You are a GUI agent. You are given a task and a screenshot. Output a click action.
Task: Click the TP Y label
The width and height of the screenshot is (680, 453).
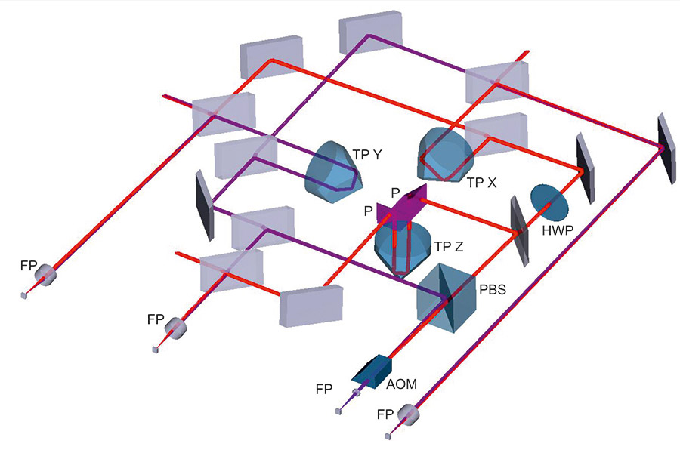pyautogui.click(x=367, y=155)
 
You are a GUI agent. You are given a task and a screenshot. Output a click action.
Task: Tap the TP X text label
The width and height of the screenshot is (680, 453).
pyautogui.click(x=482, y=183)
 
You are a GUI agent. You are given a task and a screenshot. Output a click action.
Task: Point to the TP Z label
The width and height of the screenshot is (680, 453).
pyautogui.click(x=449, y=247)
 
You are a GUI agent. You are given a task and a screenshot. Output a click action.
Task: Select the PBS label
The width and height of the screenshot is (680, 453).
pyautogui.click(x=493, y=289)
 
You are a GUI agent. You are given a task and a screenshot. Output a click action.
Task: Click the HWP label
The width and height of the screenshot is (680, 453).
pyautogui.click(x=558, y=230)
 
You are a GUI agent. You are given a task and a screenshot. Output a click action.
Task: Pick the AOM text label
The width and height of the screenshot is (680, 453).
pyautogui.click(x=402, y=384)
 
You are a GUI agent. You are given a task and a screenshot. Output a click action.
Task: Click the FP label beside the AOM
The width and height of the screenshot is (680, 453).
pyautogui.click(x=324, y=390)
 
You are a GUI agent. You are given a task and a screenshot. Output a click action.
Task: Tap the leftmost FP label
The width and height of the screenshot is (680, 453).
pyautogui.click(x=29, y=266)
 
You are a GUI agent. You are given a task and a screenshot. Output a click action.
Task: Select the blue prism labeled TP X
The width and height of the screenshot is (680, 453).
pyautogui.click(x=445, y=154)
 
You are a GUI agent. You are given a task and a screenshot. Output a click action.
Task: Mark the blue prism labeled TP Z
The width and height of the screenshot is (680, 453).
pyautogui.click(x=403, y=249)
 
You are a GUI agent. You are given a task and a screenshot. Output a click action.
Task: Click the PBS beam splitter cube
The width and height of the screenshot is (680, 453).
pyautogui.click(x=447, y=298)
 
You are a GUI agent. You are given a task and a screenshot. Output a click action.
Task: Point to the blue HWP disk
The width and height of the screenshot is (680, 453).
pyautogui.click(x=549, y=203)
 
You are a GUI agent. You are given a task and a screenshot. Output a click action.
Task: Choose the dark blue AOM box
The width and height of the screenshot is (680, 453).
pyautogui.click(x=372, y=369)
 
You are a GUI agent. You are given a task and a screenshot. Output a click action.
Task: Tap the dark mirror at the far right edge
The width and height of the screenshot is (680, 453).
pyautogui.click(x=666, y=149)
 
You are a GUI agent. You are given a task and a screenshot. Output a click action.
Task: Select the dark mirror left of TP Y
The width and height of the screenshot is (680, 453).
pyautogui.click(x=205, y=205)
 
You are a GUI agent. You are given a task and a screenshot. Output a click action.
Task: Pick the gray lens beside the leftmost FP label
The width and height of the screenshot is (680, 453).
pyautogui.click(x=45, y=274)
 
